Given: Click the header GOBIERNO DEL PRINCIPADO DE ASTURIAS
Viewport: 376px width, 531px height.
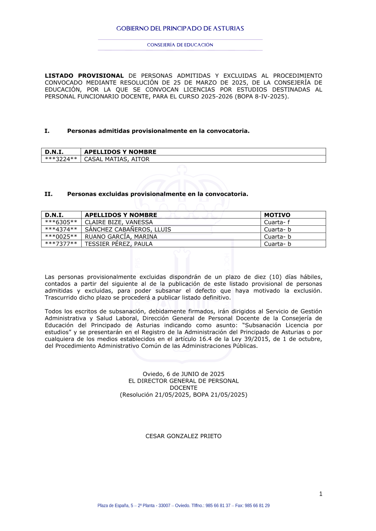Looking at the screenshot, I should tap(180, 29).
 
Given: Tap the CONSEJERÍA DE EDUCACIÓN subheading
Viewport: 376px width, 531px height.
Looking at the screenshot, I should tap(180, 45).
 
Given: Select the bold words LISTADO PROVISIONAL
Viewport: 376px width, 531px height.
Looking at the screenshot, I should tap(84, 76).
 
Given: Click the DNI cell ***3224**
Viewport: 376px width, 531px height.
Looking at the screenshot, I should tap(61, 159).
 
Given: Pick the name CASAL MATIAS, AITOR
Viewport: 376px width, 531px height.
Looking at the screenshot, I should tap(117, 159).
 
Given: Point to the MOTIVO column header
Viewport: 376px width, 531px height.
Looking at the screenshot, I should tap(277, 215).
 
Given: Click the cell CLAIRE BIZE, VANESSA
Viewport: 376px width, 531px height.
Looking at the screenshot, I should tap(119, 222).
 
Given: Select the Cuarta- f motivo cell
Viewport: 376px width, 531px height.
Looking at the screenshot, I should tap(277, 222).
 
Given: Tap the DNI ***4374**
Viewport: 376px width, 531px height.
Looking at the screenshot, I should tap(61, 229).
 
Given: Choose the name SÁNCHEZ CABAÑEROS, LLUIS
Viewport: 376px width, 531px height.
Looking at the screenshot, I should tap(128, 229).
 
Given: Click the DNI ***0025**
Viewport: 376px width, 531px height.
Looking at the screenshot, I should tap(61, 237).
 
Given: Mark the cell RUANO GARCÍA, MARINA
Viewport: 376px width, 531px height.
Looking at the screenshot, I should tap(121, 237).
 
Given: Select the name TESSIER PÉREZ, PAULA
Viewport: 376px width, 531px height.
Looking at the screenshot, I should tap(119, 244).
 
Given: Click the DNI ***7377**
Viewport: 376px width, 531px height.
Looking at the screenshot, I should tap(61, 244).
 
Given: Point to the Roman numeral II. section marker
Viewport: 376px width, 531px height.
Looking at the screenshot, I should tap(49, 194).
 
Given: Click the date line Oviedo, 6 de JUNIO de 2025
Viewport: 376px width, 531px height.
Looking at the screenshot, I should tap(183, 374).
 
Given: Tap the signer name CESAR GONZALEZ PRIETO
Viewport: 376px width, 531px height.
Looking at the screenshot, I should tap(183, 436).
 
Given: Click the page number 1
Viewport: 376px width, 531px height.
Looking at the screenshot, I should tap(321, 494).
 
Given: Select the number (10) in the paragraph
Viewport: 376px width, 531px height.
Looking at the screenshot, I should tap(275, 277).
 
